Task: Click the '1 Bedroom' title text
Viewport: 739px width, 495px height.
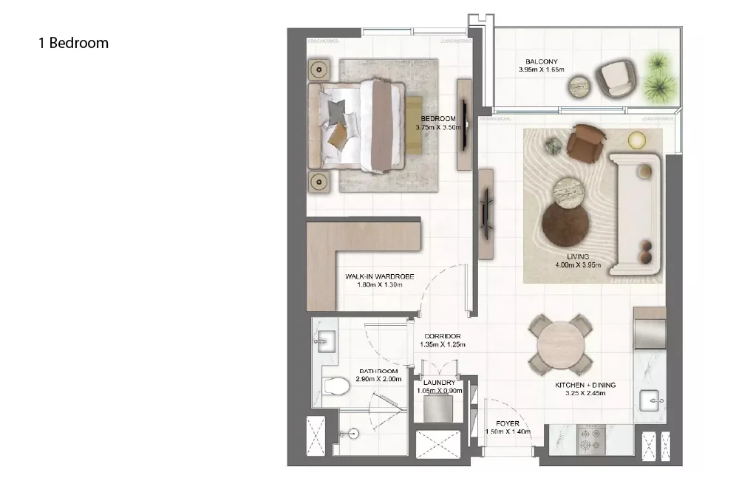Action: point(73,43)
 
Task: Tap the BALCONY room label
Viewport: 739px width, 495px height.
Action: point(541,61)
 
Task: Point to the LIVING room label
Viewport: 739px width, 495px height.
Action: point(578,256)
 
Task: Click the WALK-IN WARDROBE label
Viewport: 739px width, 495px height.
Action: point(379,277)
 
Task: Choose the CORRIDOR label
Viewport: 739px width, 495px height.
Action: point(443,336)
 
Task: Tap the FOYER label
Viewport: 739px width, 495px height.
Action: point(508,423)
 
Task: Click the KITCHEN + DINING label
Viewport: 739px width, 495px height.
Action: point(585,385)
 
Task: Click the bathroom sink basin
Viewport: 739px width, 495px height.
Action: point(324,341)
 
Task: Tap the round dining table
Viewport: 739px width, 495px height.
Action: point(561,345)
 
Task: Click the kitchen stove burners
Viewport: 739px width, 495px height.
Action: point(591,440)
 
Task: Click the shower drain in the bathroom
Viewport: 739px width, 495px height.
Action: point(353,434)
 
